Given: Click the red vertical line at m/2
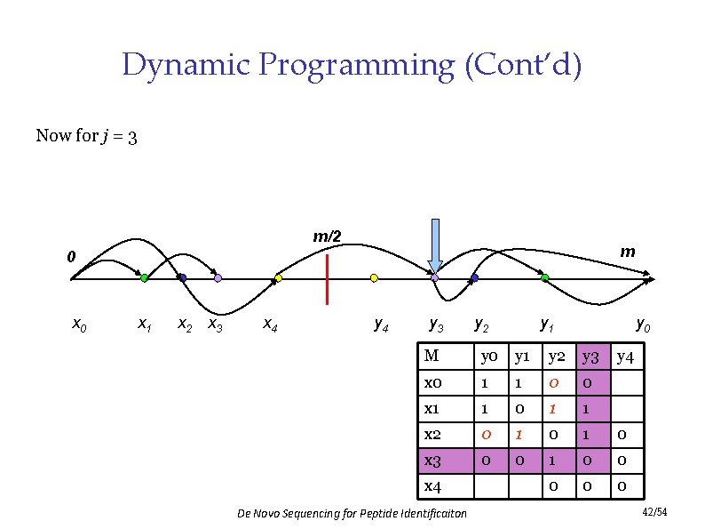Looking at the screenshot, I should point(328,278).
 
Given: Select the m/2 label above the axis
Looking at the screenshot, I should point(327,236).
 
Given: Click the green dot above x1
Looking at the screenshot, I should point(144,278).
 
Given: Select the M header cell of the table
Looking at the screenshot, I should point(432,357).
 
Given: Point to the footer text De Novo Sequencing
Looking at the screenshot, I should point(352,514).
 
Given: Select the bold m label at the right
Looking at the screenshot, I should point(627,252).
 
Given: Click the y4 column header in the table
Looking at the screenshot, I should point(626,357).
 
